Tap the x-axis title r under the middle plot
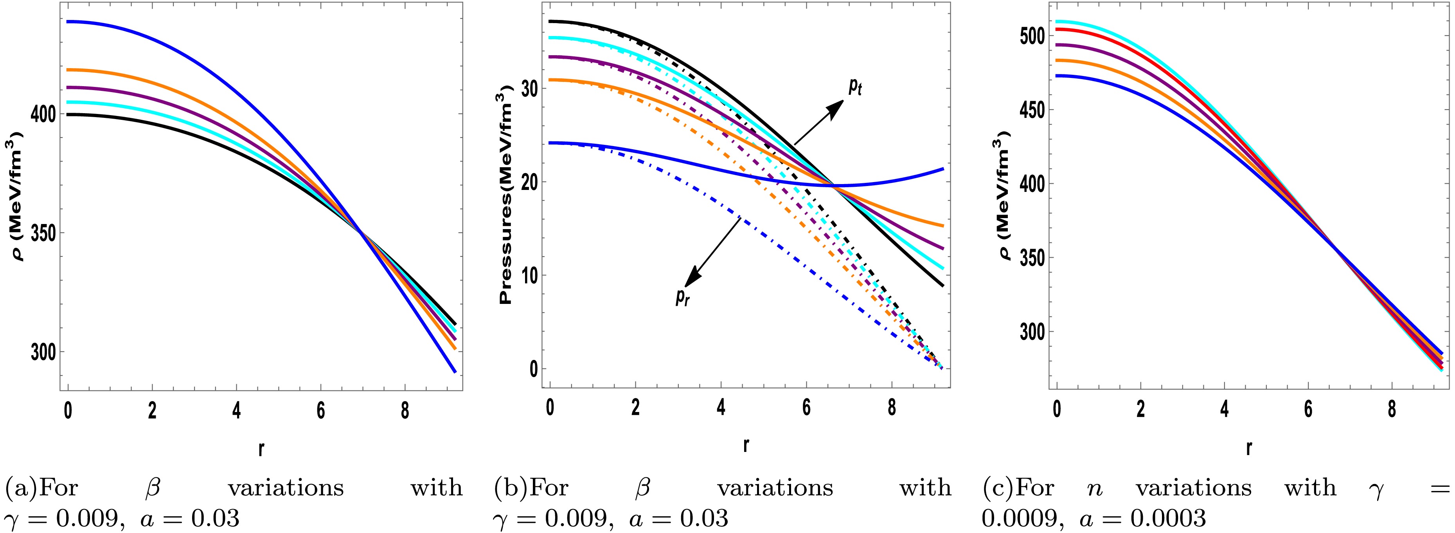[x=746, y=445]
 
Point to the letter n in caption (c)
[x=1095, y=488]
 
